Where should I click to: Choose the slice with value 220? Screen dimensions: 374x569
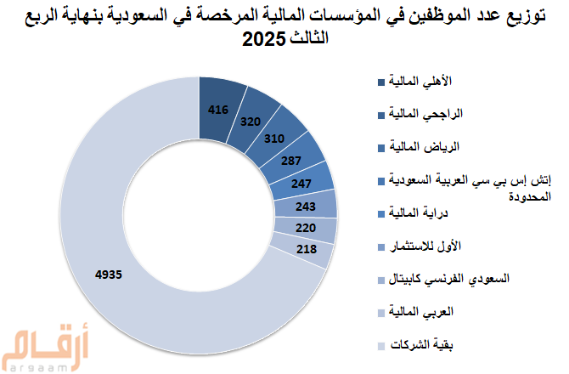[307, 228]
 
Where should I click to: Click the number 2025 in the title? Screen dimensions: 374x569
[264, 39]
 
